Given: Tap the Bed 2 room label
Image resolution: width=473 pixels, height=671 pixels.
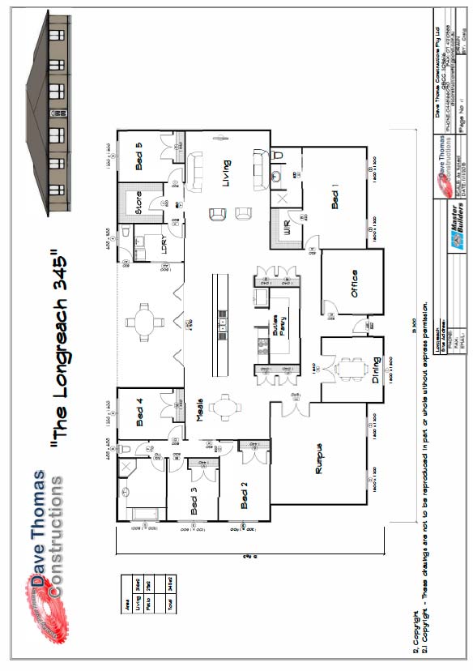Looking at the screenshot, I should coord(244,495).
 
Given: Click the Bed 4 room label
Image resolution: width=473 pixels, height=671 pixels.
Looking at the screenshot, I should coord(138,412).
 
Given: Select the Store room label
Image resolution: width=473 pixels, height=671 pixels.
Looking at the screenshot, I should coord(138,200).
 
